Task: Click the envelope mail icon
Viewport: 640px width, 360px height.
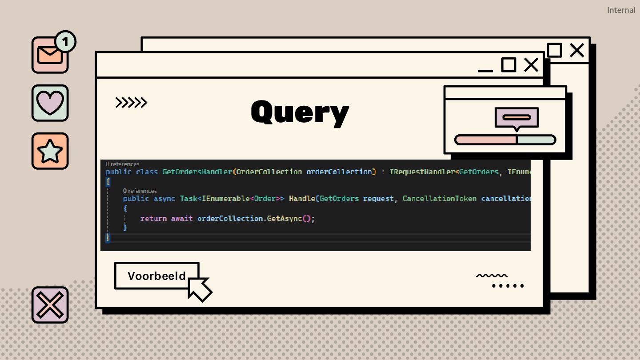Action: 49,55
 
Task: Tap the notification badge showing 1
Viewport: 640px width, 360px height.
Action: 65,42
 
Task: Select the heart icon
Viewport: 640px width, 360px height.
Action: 50,103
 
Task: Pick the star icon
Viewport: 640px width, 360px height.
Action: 50,151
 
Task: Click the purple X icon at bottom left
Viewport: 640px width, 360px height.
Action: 50,305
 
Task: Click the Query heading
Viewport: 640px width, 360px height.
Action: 300,112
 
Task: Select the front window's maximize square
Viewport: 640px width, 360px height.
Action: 508,65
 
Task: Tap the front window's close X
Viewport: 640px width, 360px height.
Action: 531,65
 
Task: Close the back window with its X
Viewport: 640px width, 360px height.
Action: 577,50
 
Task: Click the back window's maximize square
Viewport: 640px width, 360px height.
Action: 555,50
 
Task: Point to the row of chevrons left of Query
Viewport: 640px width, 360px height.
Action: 131,103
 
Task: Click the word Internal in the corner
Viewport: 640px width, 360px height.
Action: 621,10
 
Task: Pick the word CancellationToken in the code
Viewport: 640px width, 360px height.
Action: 440,198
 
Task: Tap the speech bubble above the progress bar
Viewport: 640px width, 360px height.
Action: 516,117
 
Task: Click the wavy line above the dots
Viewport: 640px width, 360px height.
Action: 492,276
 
